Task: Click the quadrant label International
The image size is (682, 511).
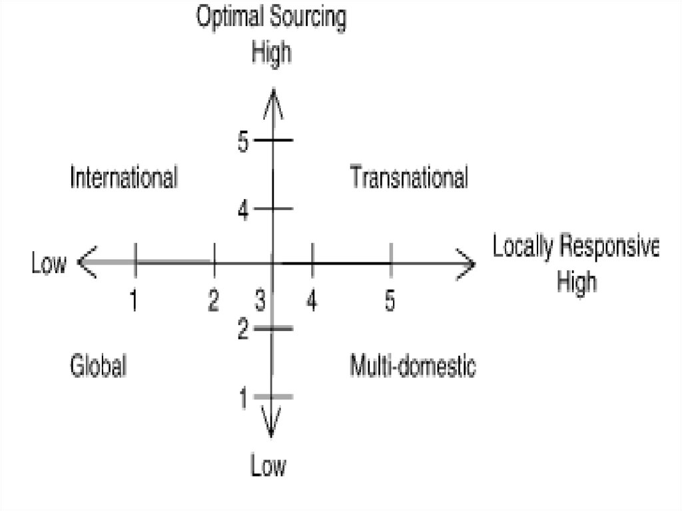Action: [x=124, y=178]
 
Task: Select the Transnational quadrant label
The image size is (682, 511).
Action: [x=409, y=178]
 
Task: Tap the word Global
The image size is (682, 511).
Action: [x=99, y=366]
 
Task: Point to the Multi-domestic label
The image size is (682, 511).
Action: [x=413, y=366]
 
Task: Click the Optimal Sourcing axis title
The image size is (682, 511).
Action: [x=271, y=18]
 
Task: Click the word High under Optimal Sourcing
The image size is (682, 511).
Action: [x=271, y=53]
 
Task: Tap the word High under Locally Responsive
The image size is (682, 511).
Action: [x=577, y=282]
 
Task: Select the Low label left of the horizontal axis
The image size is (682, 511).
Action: [x=49, y=264]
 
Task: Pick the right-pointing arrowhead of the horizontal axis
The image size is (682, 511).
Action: [x=466, y=264]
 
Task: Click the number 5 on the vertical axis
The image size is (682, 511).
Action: [x=242, y=142]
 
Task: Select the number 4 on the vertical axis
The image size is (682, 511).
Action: [x=243, y=211]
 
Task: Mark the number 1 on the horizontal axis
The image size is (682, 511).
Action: [x=135, y=300]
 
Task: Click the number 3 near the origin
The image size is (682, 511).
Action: [x=260, y=301]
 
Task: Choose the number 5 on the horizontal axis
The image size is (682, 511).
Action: [x=390, y=300]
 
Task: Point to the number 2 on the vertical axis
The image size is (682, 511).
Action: [x=244, y=328]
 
